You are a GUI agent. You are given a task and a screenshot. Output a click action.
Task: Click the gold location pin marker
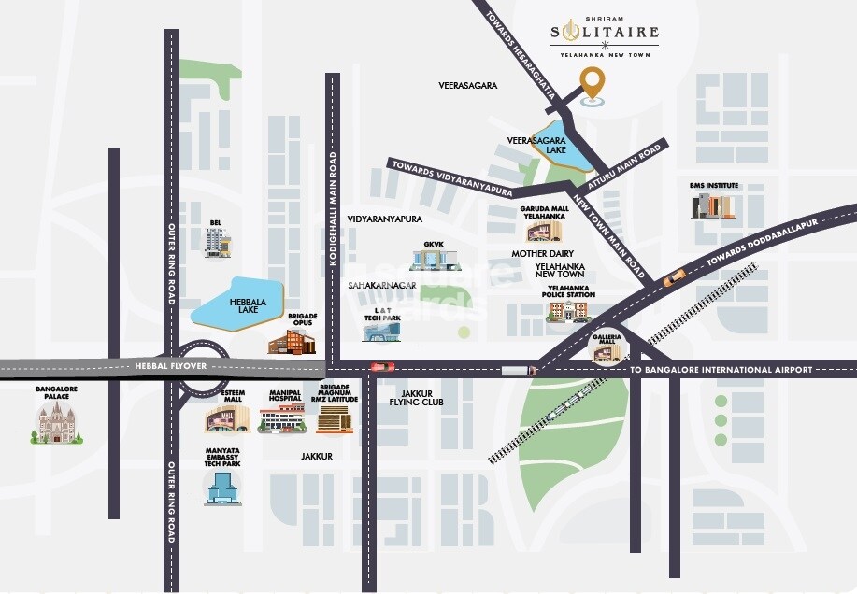tap(591, 85)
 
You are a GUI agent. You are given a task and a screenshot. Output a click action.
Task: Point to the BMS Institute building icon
tap(713, 205)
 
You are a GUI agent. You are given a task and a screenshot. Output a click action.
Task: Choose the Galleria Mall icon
tap(606, 350)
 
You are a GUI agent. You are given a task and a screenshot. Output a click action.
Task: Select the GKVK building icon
tap(433, 258)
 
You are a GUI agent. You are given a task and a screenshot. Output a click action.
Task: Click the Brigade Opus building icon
tap(290, 342)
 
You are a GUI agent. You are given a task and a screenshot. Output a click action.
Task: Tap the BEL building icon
tap(218, 241)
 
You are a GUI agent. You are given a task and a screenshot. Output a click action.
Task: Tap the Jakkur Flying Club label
tap(416, 398)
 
